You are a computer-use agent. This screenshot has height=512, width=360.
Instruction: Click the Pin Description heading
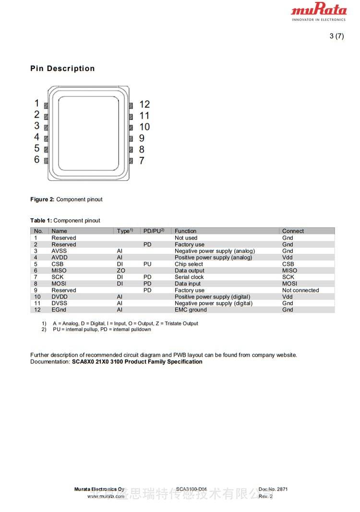62,69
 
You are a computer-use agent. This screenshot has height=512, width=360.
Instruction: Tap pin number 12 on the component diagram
144,104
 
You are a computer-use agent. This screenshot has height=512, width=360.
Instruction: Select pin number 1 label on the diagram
36,103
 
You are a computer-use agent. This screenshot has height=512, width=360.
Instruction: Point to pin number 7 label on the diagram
142,161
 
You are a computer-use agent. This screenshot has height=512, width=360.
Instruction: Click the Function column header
185,231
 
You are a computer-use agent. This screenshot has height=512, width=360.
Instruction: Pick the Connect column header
293,231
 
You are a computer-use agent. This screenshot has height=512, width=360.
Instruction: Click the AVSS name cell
60,251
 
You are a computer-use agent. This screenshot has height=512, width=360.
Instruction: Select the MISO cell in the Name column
59,271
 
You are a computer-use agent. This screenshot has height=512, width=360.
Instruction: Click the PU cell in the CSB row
147,264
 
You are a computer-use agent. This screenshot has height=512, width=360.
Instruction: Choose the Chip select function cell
189,264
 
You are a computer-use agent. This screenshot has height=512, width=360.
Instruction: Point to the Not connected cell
300,290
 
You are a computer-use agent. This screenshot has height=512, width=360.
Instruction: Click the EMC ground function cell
191,310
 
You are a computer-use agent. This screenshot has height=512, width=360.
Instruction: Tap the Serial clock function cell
189,277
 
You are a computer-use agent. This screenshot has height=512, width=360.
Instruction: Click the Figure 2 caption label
42,200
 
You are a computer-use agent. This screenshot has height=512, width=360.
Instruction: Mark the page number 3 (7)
336,36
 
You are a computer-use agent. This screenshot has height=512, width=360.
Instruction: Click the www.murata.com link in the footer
106,496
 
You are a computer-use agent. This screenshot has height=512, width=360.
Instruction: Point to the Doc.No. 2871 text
273,489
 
